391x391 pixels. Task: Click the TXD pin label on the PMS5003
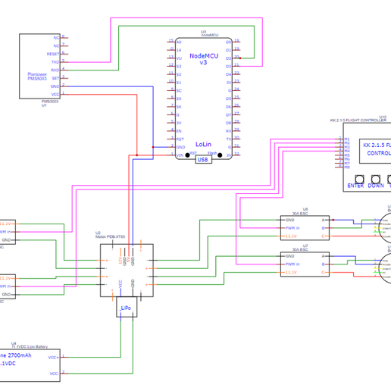pos(55,61)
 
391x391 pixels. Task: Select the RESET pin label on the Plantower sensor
pos(54,54)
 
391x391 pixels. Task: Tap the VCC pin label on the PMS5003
pos(55,94)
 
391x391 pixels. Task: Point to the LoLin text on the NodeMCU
pos(203,144)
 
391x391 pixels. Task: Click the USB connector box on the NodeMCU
pos(203,160)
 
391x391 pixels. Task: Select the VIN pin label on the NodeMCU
pos(180,155)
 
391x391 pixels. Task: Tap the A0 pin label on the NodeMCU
pos(179,42)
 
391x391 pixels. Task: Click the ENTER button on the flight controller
pos(355,185)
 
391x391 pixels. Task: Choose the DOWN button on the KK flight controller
pos(376,185)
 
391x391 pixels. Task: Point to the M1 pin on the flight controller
pos(347,139)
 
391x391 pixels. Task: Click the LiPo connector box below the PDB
pos(126,308)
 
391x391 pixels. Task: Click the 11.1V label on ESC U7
pos(291,272)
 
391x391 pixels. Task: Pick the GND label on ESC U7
pos(289,256)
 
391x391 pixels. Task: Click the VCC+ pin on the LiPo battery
pos(53,357)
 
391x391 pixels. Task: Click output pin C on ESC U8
pos(324,236)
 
